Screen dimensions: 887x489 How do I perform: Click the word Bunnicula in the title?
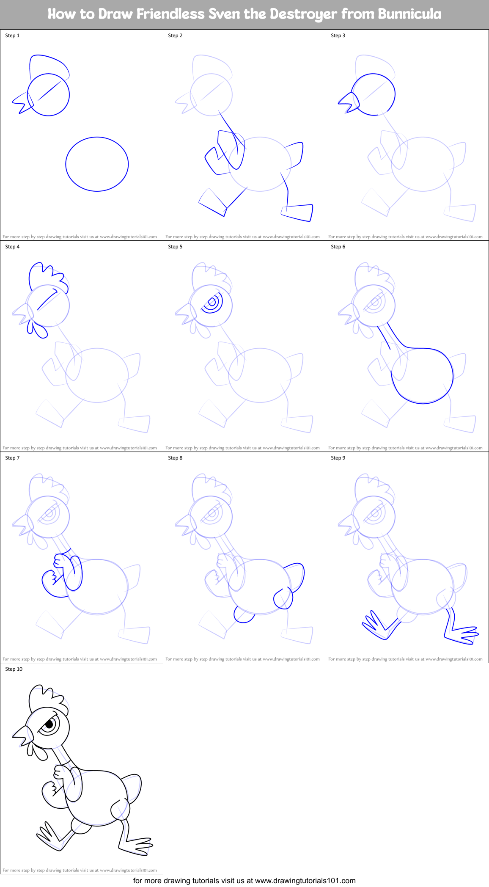tap(409, 14)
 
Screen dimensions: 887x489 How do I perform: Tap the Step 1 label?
tap(12, 36)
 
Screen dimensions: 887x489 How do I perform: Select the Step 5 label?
tap(175, 247)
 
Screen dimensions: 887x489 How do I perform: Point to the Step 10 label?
tap(14, 669)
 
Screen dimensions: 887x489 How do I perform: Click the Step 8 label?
tap(175, 458)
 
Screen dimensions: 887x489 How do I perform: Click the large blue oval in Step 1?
tap(97, 164)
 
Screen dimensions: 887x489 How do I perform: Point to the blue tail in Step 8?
tap(295, 576)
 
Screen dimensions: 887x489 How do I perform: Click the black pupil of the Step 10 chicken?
tap(49, 724)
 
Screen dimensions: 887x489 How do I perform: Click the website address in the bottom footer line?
tap(305, 881)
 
